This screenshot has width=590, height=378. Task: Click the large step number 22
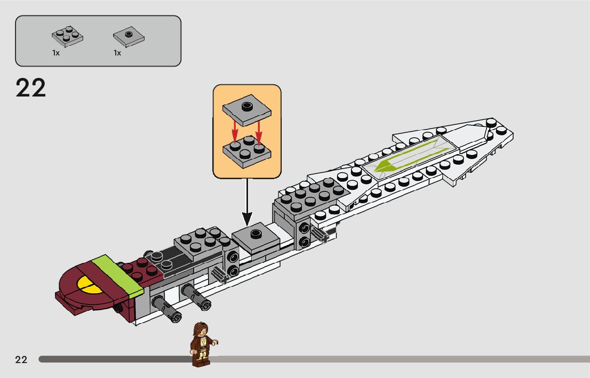[31, 88]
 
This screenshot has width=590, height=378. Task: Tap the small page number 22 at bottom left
[21, 359]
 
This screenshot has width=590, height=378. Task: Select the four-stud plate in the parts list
[68, 36]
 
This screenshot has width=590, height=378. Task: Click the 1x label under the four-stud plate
[55, 53]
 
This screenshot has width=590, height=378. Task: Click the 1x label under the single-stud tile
[117, 53]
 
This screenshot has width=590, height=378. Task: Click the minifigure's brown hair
[201, 327]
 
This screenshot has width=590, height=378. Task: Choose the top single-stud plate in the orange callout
[246, 109]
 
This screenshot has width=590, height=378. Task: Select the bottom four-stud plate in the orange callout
[247, 152]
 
